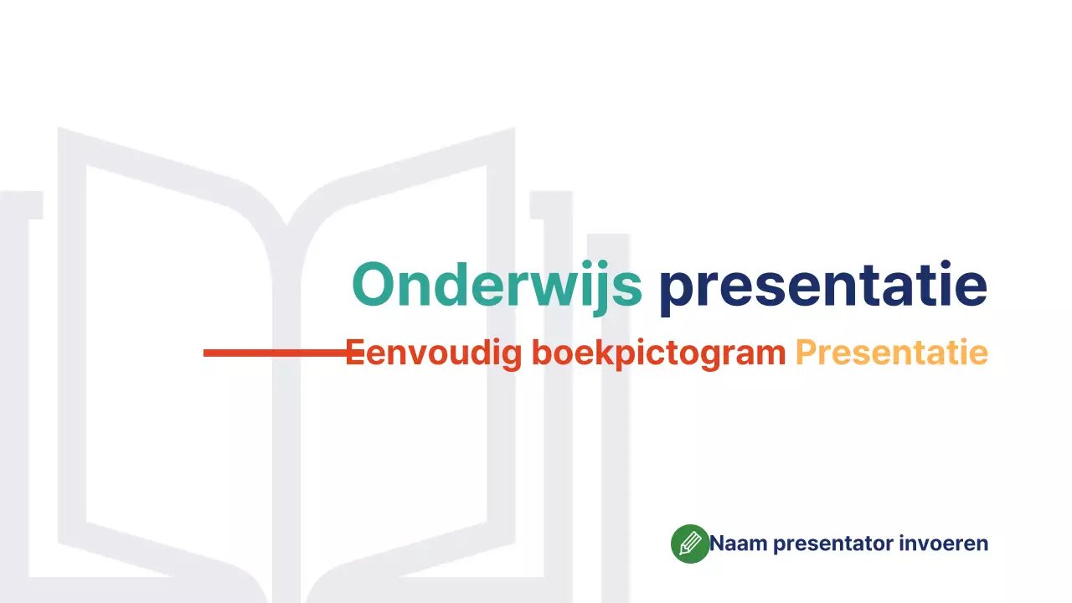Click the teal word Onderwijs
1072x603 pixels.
pos(497,285)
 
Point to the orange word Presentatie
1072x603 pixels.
pos(891,353)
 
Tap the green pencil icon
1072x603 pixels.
pos(690,544)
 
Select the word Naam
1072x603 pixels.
pos(739,544)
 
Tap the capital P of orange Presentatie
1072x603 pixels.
pos(804,353)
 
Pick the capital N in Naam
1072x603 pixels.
pos(718,544)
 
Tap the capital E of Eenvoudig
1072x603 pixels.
pos(355,353)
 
